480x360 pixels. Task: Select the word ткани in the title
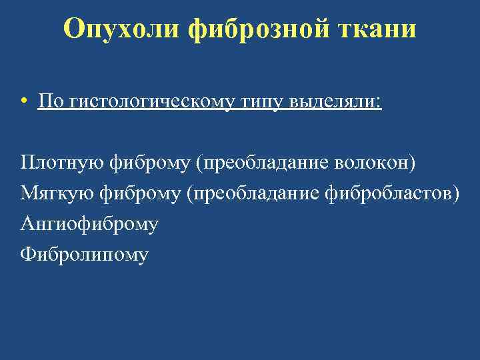375,29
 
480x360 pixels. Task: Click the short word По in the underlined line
49,101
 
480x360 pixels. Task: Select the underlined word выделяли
333,102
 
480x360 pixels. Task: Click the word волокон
375,162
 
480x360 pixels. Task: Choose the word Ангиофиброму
89,223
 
